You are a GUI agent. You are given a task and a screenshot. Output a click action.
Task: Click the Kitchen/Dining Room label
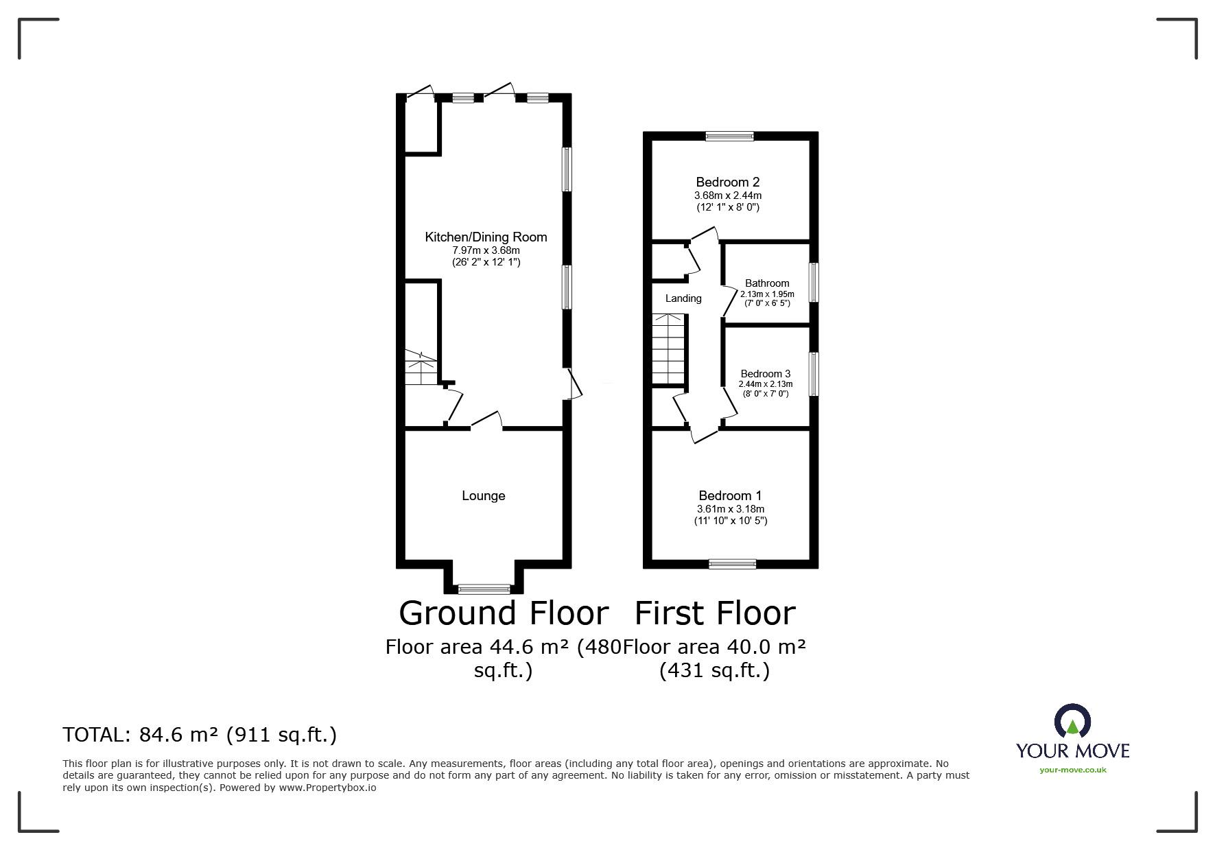coord(486,237)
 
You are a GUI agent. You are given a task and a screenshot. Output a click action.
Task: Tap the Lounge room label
coord(484,496)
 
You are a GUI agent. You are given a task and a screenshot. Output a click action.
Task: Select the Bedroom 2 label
coord(728,182)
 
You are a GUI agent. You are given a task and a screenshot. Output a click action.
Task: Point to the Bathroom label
coord(767,283)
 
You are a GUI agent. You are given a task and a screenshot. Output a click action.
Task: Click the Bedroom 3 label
coord(766,374)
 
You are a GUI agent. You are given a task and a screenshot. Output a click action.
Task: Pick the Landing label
coord(683,298)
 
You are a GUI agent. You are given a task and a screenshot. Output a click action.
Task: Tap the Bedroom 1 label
coord(730,496)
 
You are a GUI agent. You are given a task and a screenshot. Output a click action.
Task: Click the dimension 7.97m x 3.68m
coord(486,251)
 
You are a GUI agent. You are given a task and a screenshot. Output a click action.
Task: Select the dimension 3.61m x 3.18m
coord(731,509)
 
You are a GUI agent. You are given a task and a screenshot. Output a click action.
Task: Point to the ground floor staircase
coord(421,368)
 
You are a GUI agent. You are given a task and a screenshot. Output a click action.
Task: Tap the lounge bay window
coord(484,588)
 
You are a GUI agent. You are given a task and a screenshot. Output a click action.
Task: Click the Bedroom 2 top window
coord(730,136)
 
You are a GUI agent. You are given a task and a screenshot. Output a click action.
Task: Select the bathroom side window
coord(814,282)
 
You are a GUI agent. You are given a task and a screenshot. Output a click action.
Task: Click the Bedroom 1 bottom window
coord(733,564)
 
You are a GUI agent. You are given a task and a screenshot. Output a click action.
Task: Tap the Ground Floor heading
coord(504,613)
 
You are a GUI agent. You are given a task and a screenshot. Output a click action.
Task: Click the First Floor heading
coord(715,613)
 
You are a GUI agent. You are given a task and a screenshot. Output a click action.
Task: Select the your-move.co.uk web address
coord(1073,770)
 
